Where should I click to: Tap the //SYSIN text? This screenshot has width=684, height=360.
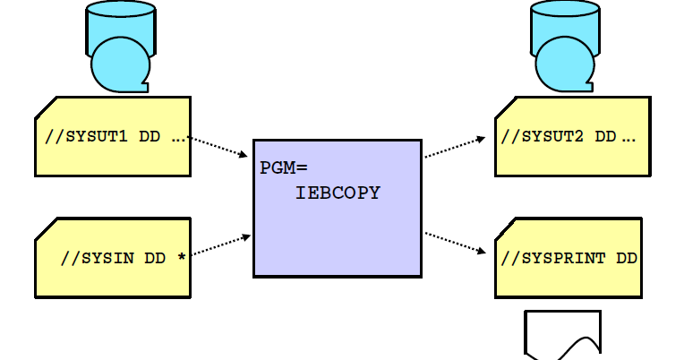coord(98,259)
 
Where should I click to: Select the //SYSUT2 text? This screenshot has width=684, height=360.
coord(544,137)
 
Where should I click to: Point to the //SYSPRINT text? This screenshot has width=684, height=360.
coord(553,259)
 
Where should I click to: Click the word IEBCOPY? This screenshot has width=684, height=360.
coord(338,192)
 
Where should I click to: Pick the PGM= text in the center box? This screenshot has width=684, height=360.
coord(284,167)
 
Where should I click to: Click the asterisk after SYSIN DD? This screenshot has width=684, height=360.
coord(182,258)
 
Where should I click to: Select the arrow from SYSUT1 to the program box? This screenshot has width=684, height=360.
coord(219,147)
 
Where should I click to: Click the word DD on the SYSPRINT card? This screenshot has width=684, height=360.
coord(627,259)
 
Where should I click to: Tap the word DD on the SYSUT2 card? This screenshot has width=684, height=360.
coord(606,137)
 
